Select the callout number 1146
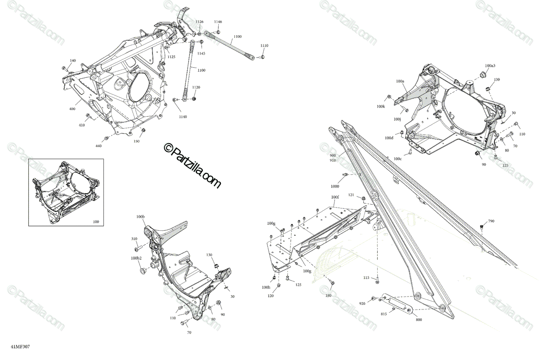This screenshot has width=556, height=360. (218, 22)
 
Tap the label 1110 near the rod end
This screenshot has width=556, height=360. (264, 46)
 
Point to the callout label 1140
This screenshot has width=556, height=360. (183, 117)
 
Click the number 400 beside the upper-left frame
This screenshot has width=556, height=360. (72, 109)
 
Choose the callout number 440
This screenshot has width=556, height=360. (98, 146)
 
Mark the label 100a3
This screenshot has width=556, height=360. (490, 66)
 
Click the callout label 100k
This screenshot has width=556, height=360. (381, 107)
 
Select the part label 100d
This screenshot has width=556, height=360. (389, 138)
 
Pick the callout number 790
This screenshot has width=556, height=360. (491, 221)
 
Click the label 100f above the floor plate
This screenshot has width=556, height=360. (335, 197)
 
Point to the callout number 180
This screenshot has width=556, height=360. (328, 296)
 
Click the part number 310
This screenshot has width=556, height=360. (134, 239)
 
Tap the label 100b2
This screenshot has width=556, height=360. (136, 258)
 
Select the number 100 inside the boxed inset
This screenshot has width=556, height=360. (96, 222)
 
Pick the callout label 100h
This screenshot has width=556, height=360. (265, 287)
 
